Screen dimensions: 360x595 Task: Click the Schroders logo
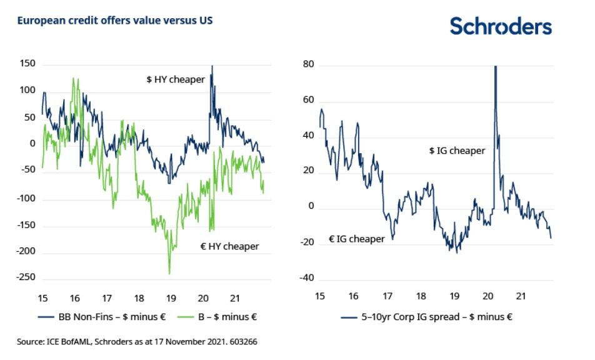501,26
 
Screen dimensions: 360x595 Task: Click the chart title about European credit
115,21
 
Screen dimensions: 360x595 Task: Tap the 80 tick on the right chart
307,65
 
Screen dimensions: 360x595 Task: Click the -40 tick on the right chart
304,278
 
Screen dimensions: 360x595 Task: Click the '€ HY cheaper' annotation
229,246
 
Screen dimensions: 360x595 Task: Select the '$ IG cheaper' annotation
457,151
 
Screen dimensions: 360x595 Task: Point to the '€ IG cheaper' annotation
357,239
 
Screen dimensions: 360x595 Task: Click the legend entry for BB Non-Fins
103,317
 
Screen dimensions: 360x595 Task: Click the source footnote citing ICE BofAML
137,342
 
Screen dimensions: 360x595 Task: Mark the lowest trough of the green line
169,272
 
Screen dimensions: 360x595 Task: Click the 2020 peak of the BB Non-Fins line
212,66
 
